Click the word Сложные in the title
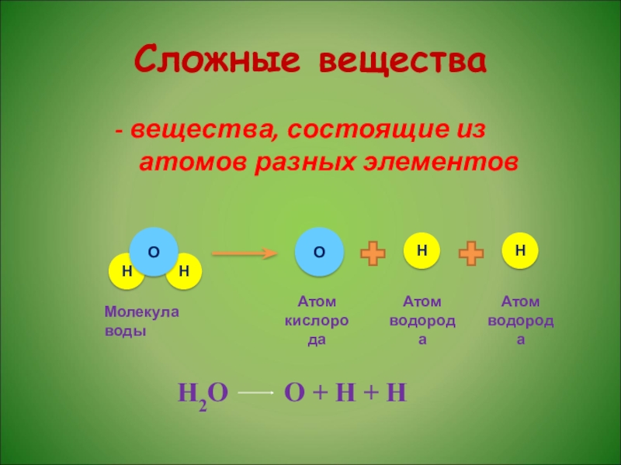tap(217, 60)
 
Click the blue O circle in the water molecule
tap(154, 252)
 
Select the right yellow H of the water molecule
tap(183, 270)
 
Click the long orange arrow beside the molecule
tap(245, 253)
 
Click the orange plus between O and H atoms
tap(373, 253)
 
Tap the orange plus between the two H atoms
tap(471, 253)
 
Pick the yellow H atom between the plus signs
tap(422, 250)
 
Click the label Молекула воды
tap(141, 321)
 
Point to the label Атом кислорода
tap(317, 320)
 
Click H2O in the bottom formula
tap(203, 394)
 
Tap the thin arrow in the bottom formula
tap(256, 394)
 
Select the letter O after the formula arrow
tap(294, 393)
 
